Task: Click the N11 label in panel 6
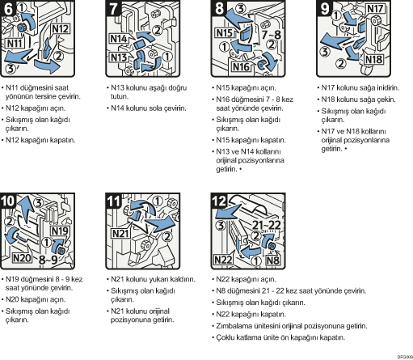tap(15, 43)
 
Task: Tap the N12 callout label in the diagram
tap(61, 29)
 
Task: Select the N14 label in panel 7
tap(119, 39)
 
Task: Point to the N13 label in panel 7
tap(119, 57)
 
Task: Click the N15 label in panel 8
tap(225, 33)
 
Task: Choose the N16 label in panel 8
tap(241, 66)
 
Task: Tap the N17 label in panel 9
tap(375, 9)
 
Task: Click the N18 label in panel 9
tap(374, 59)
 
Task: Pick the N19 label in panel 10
tap(60, 231)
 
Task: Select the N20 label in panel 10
tap(22, 258)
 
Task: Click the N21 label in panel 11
tap(120, 233)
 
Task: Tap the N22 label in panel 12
tap(223, 260)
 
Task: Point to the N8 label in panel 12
tap(272, 260)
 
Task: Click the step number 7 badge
tap(113, 8)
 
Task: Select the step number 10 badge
tap(8, 201)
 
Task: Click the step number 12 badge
tap(219, 201)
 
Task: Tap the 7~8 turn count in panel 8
tap(272, 35)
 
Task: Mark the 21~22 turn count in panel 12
tap(267, 225)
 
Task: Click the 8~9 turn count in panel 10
tap(48, 260)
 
